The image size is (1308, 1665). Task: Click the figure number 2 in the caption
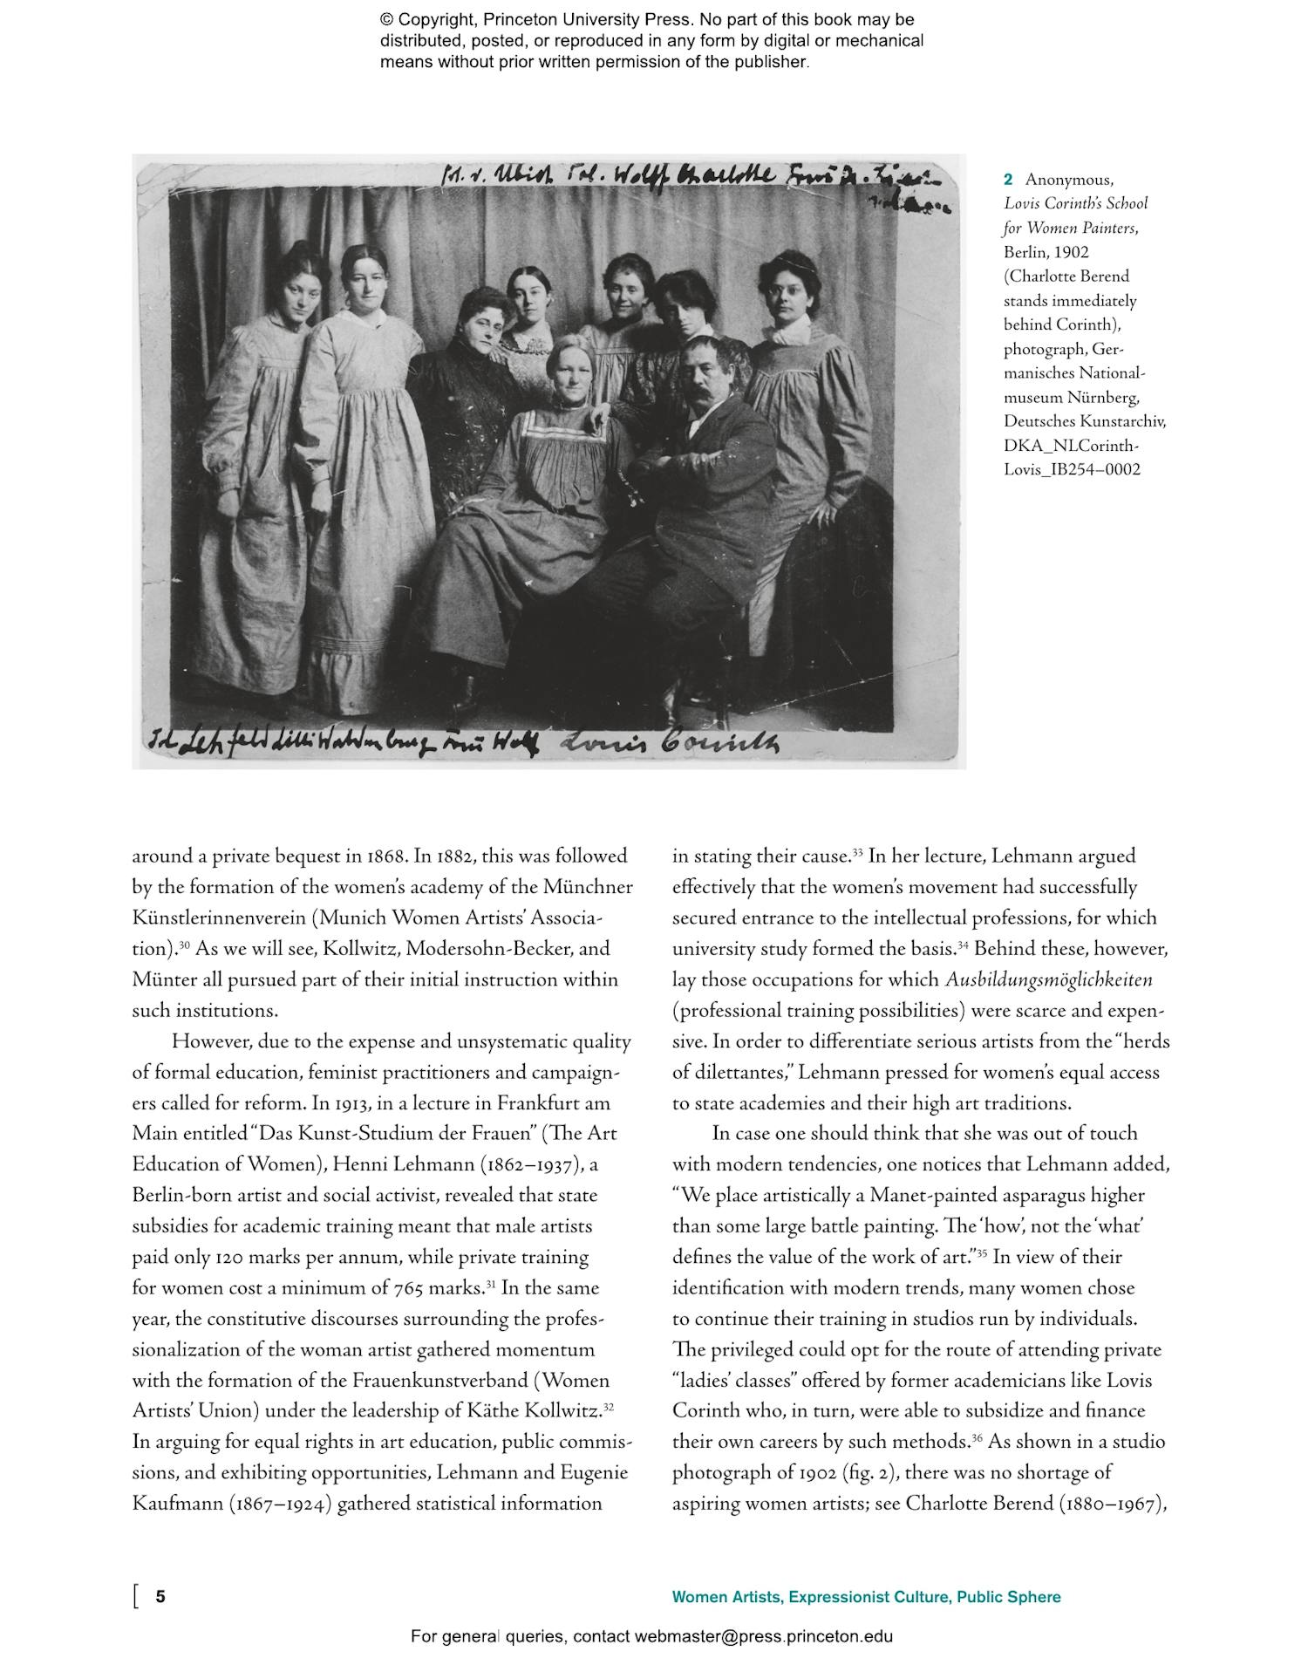1008,180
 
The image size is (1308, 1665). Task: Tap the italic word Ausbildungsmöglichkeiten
1048,980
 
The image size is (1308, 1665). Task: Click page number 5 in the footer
160,1597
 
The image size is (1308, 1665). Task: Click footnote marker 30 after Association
184,945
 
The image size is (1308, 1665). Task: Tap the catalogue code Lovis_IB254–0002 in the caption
1072,469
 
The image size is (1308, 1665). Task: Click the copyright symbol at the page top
386,20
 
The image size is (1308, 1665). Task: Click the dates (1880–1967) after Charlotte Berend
1113,1504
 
